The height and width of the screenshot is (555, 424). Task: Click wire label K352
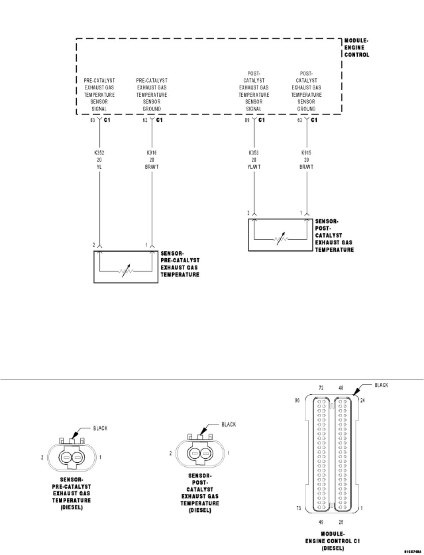(100, 153)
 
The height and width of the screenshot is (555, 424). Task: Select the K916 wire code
(152, 153)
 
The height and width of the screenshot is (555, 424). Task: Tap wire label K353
(254, 153)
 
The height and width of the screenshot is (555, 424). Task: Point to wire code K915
(307, 153)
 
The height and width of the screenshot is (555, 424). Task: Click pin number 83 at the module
(93, 120)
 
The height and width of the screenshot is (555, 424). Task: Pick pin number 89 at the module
(247, 120)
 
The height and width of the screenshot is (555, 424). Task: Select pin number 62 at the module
(145, 120)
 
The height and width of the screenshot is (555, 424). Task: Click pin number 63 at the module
(300, 120)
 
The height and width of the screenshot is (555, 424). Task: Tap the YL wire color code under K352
(100, 167)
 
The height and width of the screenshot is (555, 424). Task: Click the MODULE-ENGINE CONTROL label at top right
(356, 48)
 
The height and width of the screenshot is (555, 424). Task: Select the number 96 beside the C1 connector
(298, 401)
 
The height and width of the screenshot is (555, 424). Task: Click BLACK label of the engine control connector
(381, 385)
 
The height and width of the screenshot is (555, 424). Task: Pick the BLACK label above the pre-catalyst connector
(100, 428)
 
